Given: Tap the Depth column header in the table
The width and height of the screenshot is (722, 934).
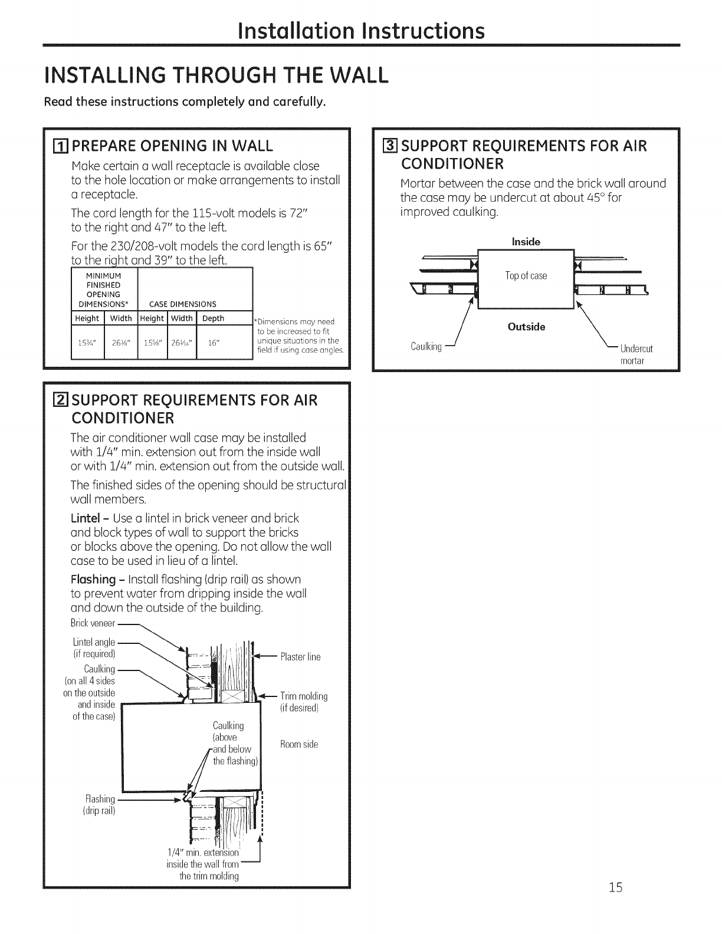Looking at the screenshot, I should coord(213,318).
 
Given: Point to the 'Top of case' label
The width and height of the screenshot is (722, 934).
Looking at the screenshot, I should coord(526,276).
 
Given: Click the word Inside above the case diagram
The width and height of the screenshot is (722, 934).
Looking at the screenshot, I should coord(526,242).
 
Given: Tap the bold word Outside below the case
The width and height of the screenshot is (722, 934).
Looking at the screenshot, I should coord(526,327).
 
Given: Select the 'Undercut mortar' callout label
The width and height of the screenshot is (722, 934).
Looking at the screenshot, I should coord(636,354).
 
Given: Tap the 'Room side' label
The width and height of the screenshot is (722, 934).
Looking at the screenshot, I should coord(299,744).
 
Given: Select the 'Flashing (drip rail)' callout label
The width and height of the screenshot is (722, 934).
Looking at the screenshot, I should coord(99,804).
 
